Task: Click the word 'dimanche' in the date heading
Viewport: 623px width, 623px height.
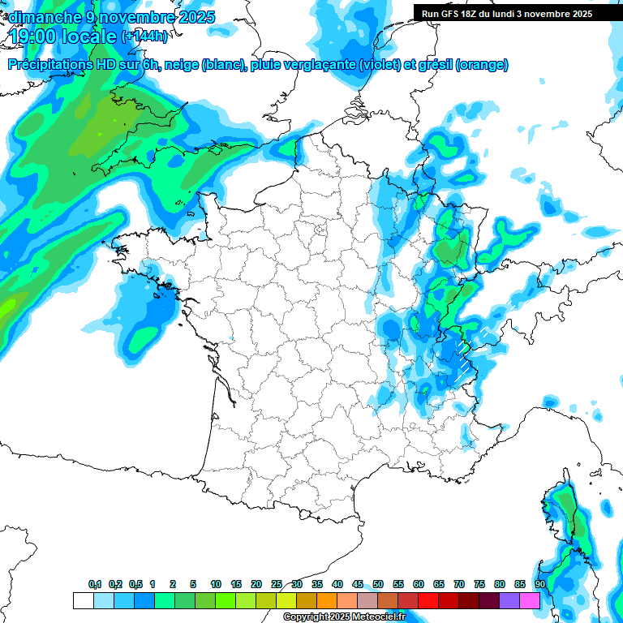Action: click(x=38, y=17)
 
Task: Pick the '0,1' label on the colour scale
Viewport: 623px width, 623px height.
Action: click(x=95, y=584)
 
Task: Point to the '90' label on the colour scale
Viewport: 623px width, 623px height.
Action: click(x=539, y=584)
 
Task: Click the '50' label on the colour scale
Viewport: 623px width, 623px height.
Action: click(x=378, y=584)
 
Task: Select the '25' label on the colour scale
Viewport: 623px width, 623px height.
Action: click(x=277, y=584)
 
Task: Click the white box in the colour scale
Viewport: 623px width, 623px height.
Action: click(x=83, y=600)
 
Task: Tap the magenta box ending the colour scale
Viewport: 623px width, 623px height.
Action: click(x=530, y=600)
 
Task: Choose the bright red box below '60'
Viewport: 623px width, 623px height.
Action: click(x=428, y=600)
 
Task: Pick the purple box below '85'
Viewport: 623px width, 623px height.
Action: click(x=509, y=600)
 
